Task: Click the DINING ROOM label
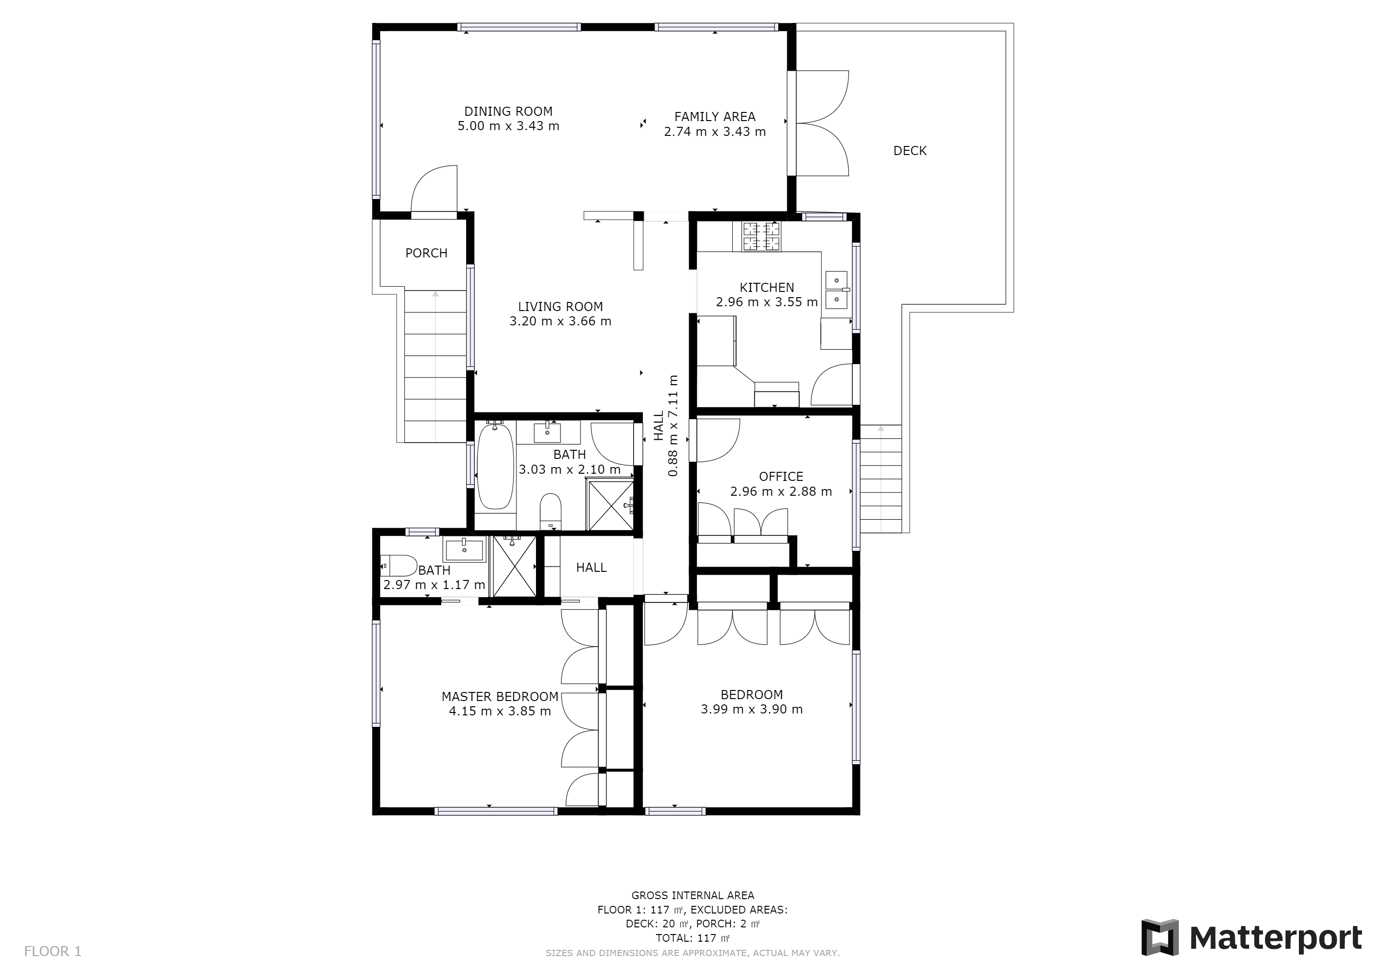[508, 111]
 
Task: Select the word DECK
[910, 151]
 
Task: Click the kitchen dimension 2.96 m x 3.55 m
[767, 302]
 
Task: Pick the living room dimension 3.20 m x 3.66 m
[560, 322]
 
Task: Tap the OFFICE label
[781, 477]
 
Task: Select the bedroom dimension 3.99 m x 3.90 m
[751, 710]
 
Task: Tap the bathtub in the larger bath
[495, 466]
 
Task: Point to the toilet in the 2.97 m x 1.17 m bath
[398, 566]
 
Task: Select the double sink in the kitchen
[837, 290]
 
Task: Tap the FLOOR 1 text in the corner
[53, 952]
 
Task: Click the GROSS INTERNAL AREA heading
[693, 895]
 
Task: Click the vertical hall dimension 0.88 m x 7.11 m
[666, 426]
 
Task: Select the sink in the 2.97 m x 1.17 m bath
[464, 550]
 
